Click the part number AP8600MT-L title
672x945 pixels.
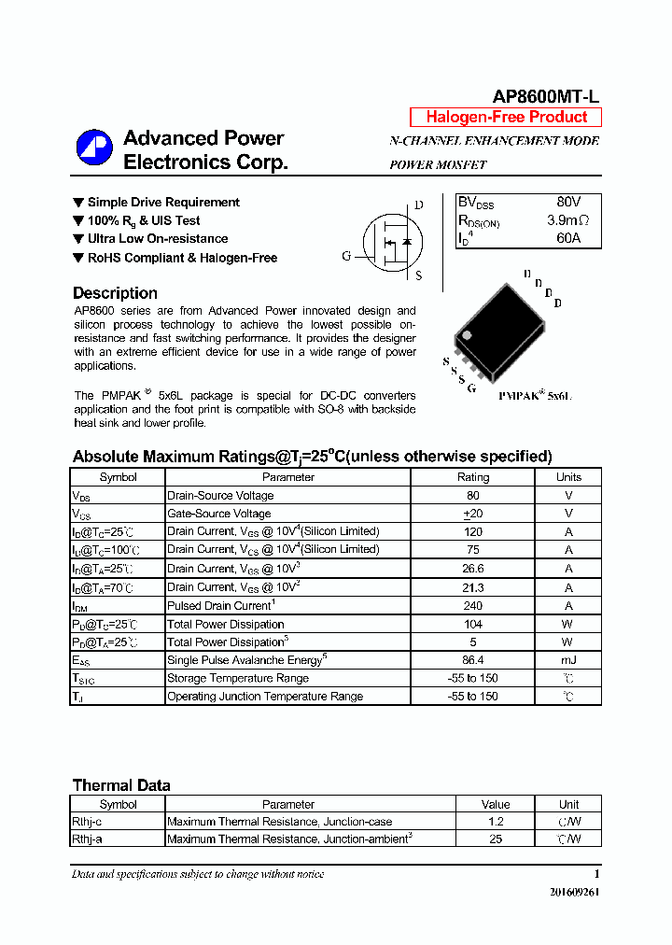click(546, 97)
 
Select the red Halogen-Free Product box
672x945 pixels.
click(506, 118)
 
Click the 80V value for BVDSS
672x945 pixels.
click(567, 203)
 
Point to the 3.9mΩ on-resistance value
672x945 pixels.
click(567, 221)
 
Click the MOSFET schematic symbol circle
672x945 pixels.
click(386, 240)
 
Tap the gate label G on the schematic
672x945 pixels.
click(346, 256)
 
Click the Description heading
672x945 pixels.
click(115, 293)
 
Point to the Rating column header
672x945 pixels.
click(472, 477)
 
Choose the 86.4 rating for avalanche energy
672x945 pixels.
click(472, 660)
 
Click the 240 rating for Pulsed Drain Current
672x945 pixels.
click(472, 605)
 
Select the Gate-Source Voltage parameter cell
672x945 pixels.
click(219, 514)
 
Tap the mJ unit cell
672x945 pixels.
click(568, 660)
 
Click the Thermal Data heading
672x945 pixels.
click(121, 785)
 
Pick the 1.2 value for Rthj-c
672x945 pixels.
click(496, 822)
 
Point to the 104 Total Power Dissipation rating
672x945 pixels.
click(472, 624)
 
